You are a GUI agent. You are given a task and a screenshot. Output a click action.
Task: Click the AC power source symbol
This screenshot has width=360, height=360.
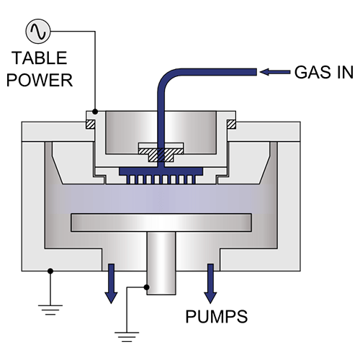(35, 31)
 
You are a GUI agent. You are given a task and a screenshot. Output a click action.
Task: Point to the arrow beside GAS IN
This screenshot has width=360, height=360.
(275, 71)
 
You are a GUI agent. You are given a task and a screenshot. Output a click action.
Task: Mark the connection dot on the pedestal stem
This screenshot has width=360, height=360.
(147, 287)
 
